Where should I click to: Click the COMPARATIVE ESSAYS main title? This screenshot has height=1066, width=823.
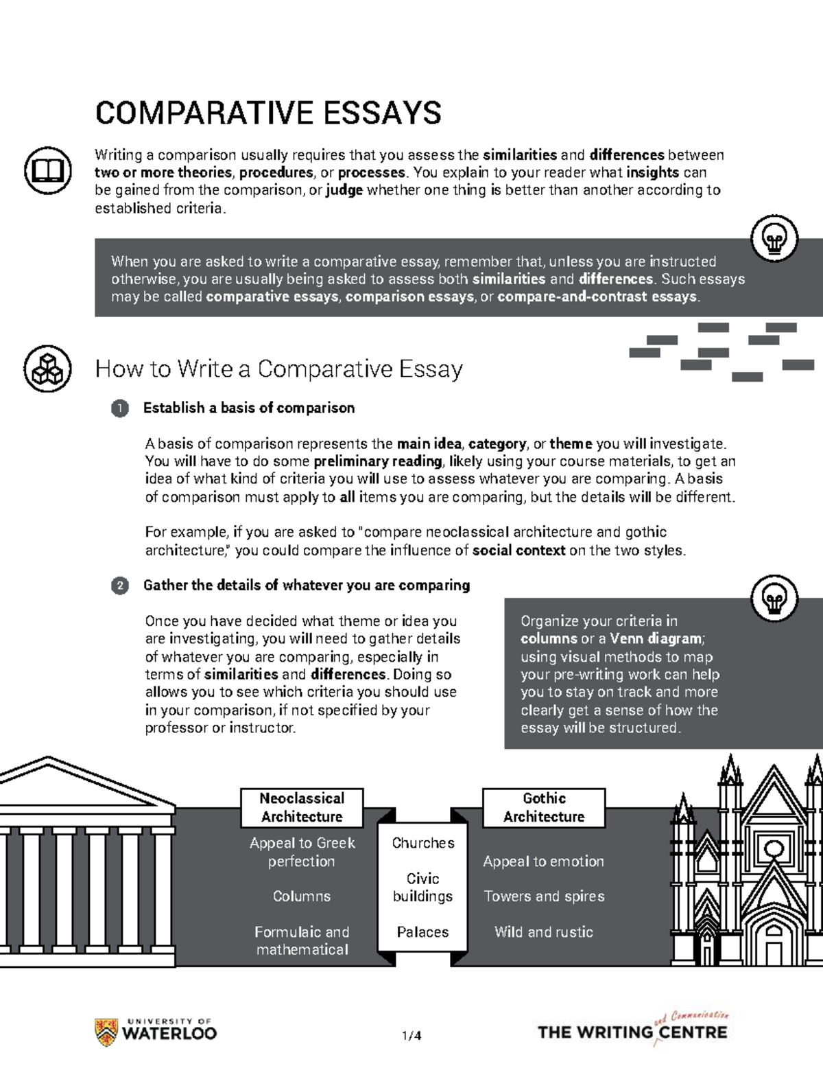[x=268, y=113]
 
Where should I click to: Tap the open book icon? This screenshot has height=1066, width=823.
[x=47, y=170]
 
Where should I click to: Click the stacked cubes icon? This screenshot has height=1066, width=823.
[x=47, y=369]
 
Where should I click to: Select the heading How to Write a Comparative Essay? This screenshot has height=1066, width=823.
[x=278, y=369]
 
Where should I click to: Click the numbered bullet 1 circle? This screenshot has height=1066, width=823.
[x=119, y=408]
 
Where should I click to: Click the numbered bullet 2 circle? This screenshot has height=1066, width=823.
[x=119, y=586]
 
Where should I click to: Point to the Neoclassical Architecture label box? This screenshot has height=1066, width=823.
[x=302, y=807]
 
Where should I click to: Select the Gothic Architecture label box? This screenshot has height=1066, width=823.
[x=544, y=807]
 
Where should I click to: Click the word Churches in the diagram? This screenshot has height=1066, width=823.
[x=423, y=843]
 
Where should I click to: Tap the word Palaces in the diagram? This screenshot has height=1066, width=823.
[x=423, y=932]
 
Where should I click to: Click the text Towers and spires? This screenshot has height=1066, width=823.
[x=544, y=896]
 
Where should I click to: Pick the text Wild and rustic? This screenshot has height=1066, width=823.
[x=544, y=932]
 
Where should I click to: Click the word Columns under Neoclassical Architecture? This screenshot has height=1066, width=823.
[x=302, y=896]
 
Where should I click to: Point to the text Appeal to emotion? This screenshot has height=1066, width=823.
[x=544, y=861]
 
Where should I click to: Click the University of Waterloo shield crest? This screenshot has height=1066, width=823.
[x=105, y=1032]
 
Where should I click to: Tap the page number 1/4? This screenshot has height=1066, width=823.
[x=411, y=1036]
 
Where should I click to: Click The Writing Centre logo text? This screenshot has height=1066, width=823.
[x=632, y=1032]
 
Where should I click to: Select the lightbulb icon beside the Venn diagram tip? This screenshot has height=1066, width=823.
[x=775, y=599]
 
